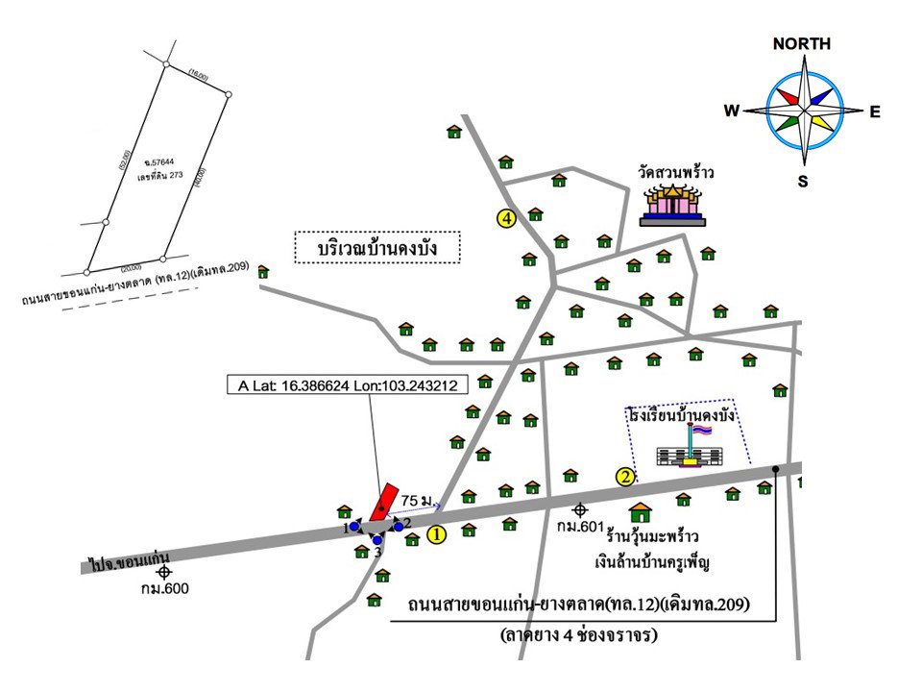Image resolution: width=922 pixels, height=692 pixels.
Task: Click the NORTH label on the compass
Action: click(x=801, y=44)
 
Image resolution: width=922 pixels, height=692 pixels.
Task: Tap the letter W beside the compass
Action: click(x=732, y=111)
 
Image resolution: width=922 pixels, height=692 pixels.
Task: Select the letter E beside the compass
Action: click(x=875, y=112)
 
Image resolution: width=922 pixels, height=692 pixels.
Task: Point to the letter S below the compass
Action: click(x=802, y=181)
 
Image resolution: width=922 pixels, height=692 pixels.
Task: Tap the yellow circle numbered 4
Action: click(x=506, y=218)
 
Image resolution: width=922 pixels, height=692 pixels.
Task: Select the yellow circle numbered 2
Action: click(x=624, y=476)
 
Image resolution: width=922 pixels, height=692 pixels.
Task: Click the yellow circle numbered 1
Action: click(x=436, y=535)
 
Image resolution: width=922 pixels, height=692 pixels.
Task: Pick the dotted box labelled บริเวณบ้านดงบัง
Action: click(x=377, y=248)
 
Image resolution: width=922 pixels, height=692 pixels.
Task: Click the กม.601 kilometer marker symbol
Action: click(x=579, y=509)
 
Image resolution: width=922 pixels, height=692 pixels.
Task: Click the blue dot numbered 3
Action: click(x=377, y=540)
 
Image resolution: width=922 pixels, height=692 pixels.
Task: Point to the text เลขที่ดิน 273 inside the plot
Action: click(x=159, y=176)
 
